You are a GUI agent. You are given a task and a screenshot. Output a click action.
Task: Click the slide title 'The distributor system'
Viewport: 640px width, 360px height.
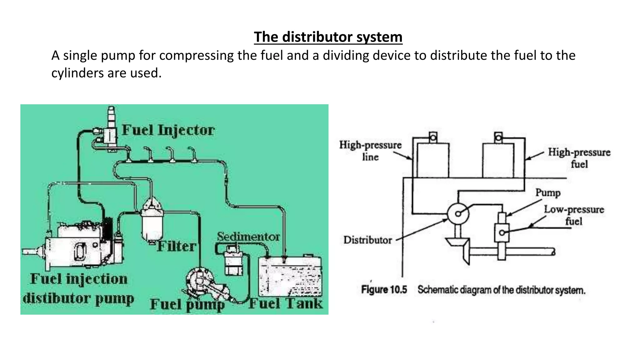(328, 37)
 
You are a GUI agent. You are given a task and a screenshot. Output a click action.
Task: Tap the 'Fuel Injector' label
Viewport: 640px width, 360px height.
(168, 130)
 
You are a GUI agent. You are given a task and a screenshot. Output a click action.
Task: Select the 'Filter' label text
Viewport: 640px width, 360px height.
(176, 246)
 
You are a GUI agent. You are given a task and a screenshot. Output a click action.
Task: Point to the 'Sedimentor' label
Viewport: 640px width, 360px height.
(248, 237)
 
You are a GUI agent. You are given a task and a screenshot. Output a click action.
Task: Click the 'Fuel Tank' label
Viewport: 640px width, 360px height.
(286, 303)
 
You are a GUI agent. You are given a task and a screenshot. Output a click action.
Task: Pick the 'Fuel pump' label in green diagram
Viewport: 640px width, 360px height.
(187, 304)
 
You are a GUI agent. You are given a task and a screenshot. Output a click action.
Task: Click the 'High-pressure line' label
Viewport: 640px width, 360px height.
(370, 151)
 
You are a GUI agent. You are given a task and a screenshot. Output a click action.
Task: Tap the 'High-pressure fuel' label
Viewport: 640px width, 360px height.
(579, 158)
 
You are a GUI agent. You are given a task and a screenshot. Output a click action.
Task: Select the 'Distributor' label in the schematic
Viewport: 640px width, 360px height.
(367, 240)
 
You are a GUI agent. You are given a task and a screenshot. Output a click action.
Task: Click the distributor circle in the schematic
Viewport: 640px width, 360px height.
(458, 214)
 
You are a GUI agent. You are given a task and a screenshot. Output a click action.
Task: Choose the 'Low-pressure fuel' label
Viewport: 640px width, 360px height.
(574, 215)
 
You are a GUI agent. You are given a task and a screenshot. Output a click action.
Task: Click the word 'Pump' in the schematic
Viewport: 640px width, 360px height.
(548, 192)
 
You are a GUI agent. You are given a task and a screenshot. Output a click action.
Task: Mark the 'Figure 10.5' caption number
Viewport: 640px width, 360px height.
(384, 290)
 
